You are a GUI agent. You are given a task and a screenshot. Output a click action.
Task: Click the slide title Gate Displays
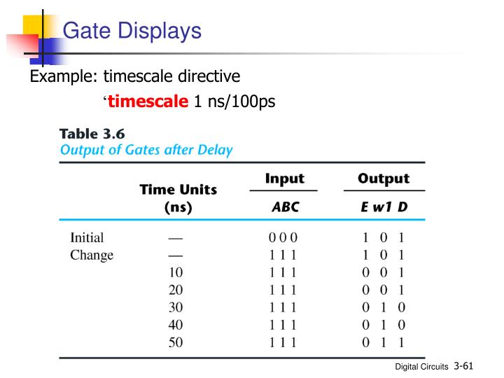[132, 31]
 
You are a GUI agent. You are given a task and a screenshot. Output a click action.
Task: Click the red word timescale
[148, 101]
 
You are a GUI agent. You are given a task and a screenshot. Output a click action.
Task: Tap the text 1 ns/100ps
[234, 101]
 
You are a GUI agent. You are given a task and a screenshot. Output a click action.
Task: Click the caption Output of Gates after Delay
[146, 149]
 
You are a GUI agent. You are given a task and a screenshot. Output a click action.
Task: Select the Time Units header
[178, 190]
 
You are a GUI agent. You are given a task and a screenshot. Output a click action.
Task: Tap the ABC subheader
[283, 207]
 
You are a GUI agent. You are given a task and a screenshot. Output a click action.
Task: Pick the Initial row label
[87, 238]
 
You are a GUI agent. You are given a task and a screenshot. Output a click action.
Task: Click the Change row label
[92, 255]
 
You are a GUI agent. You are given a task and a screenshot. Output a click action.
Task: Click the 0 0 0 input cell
[283, 238]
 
